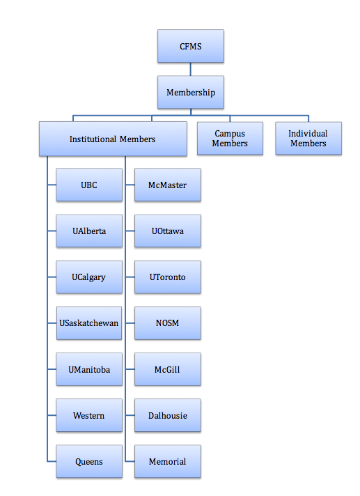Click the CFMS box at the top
click(x=191, y=46)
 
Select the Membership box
click(x=191, y=92)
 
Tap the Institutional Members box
click(x=113, y=139)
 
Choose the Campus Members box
click(x=230, y=138)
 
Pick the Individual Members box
click(x=308, y=138)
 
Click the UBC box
click(x=89, y=185)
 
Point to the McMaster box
click(x=168, y=185)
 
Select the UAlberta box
click(x=89, y=231)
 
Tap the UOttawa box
click(x=168, y=231)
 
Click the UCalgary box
click(x=89, y=277)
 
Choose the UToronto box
click(x=168, y=277)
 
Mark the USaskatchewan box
click(x=89, y=323)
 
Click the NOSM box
click(x=168, y=323)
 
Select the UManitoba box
click(x=89, y=369)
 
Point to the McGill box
click(x=168, y=369)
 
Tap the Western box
click(x=89, y=415)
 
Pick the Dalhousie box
click(x=168, y=415)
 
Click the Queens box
click(x=89, y=461)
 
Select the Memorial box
click(x=168, y=461)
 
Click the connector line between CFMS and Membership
click(x=191, y=69)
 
